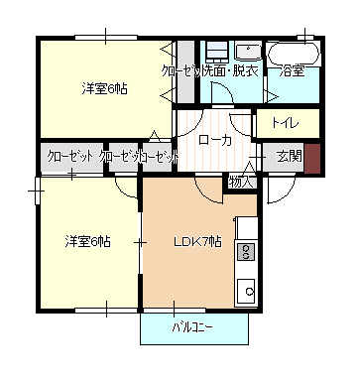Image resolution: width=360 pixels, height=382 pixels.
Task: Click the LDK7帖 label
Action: pos(197,241)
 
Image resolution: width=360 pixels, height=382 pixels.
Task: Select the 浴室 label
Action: pos(292,71)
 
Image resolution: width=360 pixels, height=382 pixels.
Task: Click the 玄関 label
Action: pos(288,156)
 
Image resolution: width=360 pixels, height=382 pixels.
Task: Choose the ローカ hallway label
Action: pos(214,140)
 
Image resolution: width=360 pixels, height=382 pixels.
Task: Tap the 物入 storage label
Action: pos(242,181)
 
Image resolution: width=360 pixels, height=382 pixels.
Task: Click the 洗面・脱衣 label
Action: pos(231,71)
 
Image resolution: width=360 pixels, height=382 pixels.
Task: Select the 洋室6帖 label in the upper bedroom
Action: pos(104,89)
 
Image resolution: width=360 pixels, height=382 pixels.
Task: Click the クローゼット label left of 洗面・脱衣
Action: pos(180,71)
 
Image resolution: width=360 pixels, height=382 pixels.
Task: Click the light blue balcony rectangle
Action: pos(193,328)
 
